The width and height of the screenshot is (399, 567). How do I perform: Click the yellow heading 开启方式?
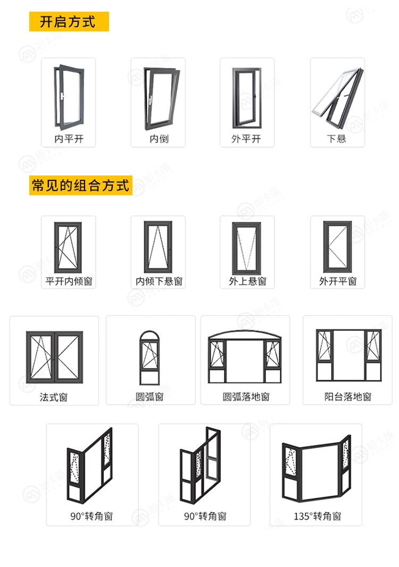point(69,22)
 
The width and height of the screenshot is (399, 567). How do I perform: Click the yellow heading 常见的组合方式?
point(80,186)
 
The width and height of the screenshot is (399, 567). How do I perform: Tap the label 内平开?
point(69,139)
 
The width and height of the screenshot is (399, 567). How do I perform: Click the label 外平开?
point(246,139)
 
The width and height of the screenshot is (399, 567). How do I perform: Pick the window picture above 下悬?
point(337,98)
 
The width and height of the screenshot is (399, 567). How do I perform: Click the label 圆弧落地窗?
point(246,397)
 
